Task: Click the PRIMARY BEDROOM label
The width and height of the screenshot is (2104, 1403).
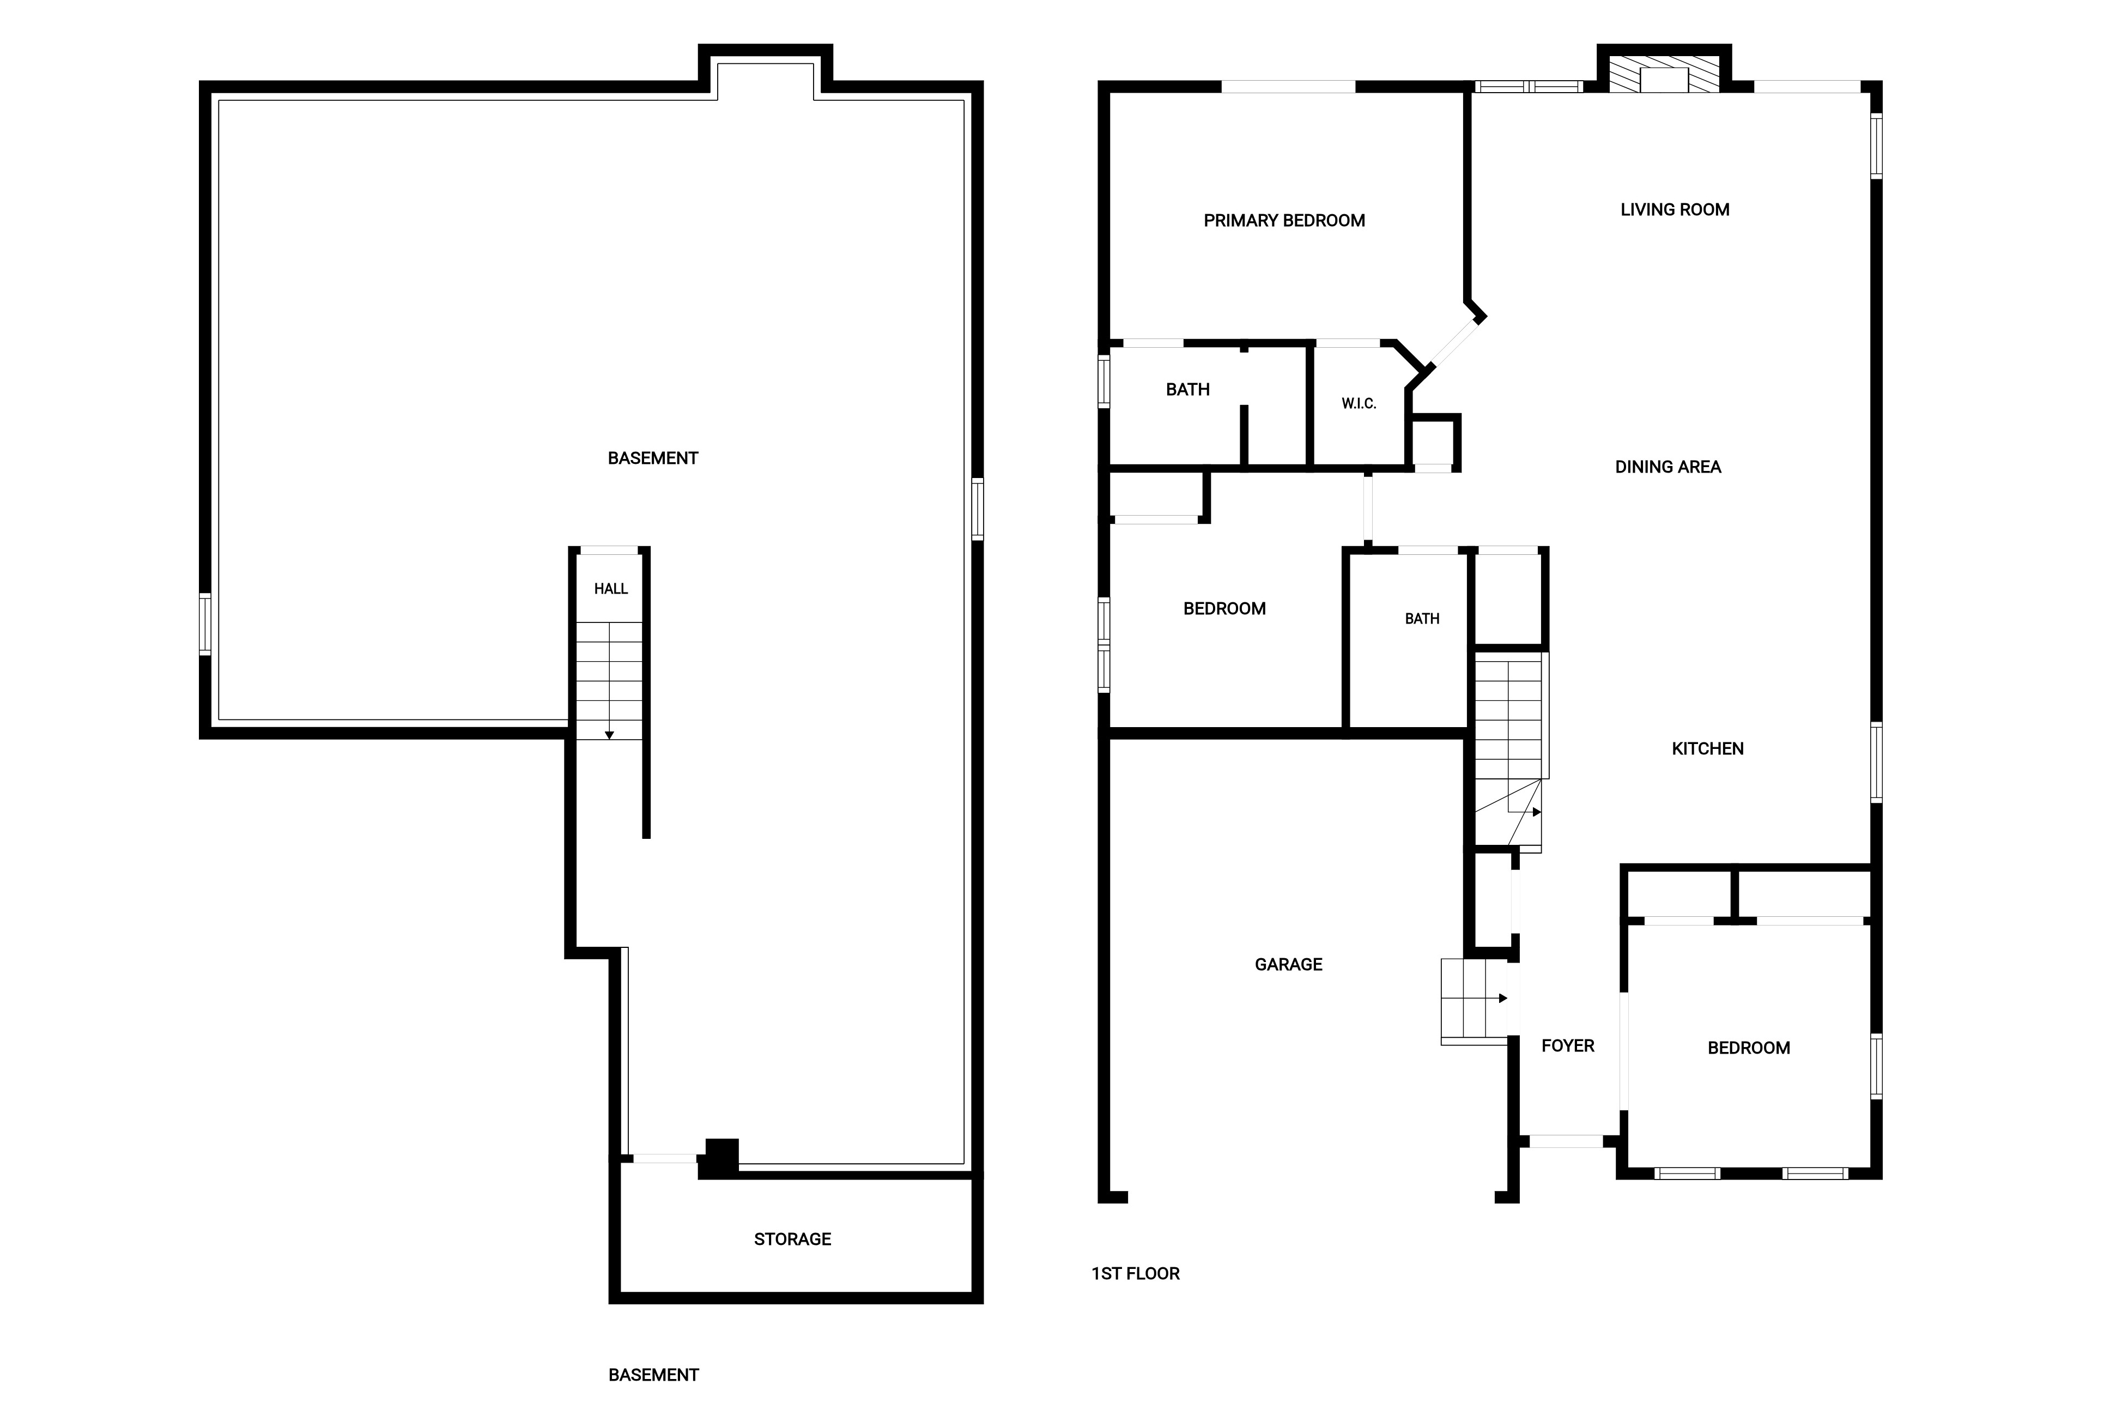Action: pos(1284,221)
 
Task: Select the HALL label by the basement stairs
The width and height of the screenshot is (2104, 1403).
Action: pos(611,589)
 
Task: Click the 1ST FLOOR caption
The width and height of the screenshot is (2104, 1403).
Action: pos(1135,1273)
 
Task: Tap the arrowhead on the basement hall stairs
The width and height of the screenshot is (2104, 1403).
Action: pos(609,735)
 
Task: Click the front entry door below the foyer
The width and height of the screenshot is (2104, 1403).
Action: pos(1566,1142)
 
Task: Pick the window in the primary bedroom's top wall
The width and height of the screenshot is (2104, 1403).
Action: pos(1288,87)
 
